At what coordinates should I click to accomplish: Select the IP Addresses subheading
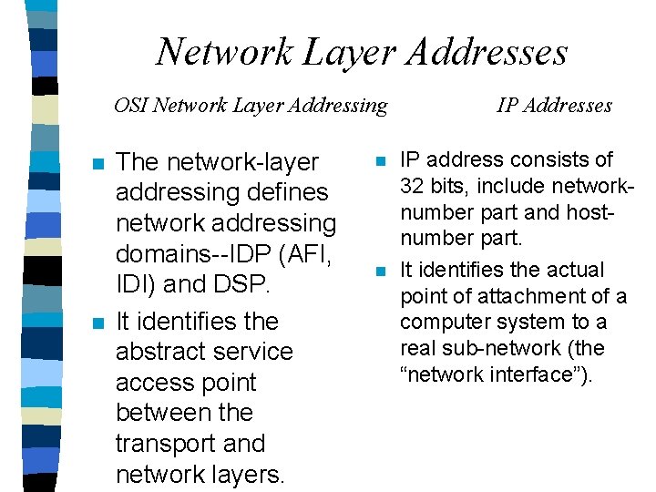tap(554, 106)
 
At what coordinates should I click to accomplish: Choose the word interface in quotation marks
tap(537, 374)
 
